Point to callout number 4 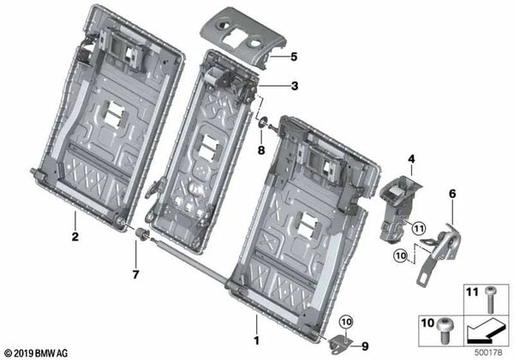point(410,159)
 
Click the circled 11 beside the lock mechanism point(417,228)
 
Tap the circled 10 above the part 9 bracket point(345,322)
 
